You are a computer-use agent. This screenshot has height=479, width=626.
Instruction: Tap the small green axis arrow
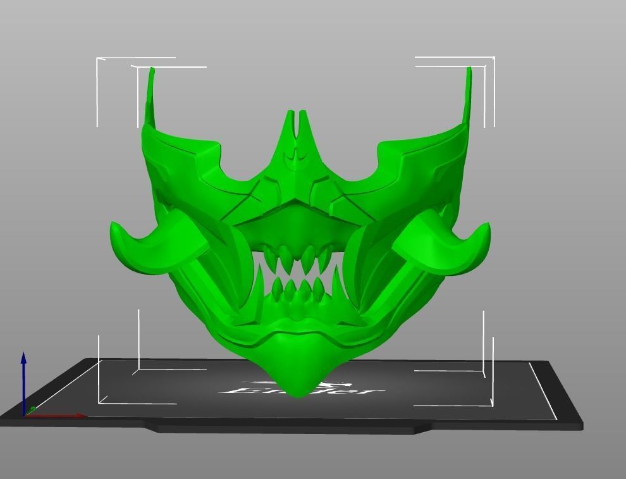click(32, 409)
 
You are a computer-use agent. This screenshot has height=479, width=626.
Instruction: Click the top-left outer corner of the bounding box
click(97, 58)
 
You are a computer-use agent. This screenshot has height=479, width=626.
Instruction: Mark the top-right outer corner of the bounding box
click(494, 58)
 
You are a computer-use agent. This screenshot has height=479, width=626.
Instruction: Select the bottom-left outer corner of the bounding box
click(99, 403)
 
